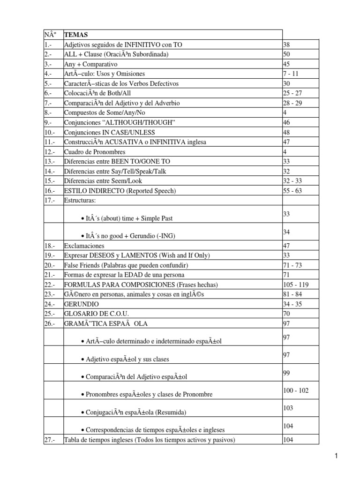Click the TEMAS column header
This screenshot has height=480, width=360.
(75, 35)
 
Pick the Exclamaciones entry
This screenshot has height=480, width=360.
(84, 246)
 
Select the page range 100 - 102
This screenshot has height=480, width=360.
(296, 390)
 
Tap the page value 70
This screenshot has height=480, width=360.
(287, 313)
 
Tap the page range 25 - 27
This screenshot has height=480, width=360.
(293, 93)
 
